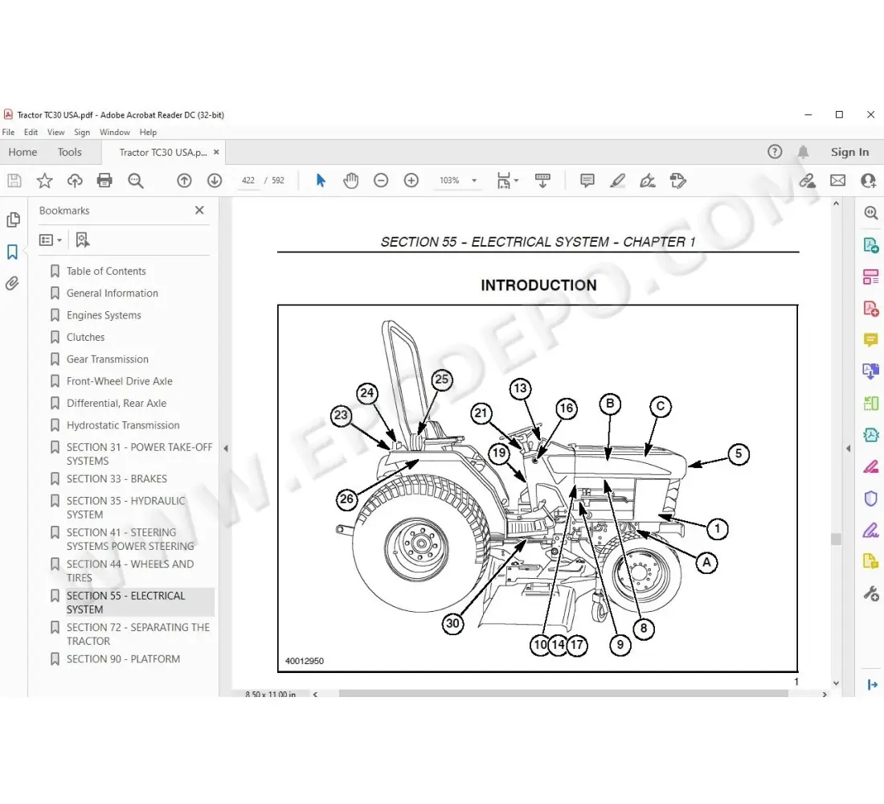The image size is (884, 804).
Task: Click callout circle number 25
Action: (x=442, y=379)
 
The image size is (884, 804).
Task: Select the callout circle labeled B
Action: (x=610, y=404)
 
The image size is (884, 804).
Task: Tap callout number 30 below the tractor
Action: (x=453, y=623)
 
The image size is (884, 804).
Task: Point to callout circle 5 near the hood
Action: (x=738, y=453)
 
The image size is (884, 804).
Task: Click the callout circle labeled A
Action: (x=706, y=563)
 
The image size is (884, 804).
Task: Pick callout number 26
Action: (x=346, y=498)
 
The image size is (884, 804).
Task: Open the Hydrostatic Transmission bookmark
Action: (x=123, y=425)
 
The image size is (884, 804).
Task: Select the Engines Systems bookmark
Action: (x=104, y=315)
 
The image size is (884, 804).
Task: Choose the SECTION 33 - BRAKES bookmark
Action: (x=117, y=478)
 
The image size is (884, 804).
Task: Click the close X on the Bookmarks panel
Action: (x=199, y=210)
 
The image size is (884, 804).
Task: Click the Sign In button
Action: (x=849, y=152)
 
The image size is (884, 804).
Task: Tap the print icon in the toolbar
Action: (x=104, y=181)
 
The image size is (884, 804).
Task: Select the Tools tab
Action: (x=69, y=152)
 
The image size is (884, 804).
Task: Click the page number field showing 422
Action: (x=248, y=181)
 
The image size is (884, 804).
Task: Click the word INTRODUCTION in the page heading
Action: (x=538, y=285)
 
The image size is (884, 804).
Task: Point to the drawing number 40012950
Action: (x=305, y=662)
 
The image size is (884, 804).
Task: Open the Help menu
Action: (x=148, y=132)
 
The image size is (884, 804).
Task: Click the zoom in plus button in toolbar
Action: (x=411, y=181)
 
